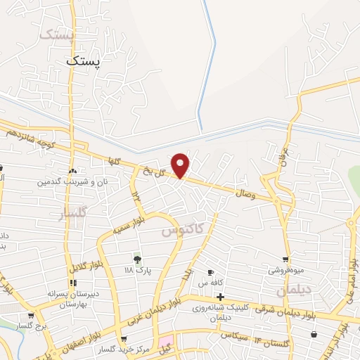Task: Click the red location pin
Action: pyautogui.click(x=181, y=165)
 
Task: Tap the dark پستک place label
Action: pyautogui.click(x=84, y=61)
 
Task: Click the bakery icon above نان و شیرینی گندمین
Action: pyautogui.click(x=72, y=171)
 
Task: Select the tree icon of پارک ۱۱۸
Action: pyautogui.click(x=137, y=259)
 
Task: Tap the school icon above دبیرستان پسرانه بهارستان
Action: pyautogui.click(x=73, y=283)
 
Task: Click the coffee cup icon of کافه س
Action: pyautogui.click(x=210, y=272)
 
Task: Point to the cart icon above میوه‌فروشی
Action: pyautogui.click(x=285, y=259)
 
